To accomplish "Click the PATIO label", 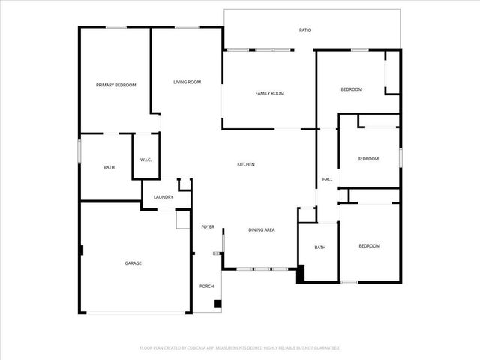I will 305,31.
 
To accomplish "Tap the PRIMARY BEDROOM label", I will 116,85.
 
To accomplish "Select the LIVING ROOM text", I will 187,82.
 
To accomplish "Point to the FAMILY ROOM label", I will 269,93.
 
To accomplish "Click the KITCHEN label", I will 246,164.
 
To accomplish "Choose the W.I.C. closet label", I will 146,160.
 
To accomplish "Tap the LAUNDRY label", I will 163,197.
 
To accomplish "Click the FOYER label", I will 208,226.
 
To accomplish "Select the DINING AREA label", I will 261,229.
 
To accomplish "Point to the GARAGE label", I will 133,263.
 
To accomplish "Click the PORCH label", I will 206,286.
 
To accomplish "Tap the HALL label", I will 328,180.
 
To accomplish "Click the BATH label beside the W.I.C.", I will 109,167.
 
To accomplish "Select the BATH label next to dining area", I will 320,247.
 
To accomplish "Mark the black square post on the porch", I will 217,304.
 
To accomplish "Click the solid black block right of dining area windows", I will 301,274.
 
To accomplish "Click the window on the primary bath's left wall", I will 79,150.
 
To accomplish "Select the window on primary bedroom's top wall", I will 115,28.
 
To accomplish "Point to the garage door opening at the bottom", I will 136,313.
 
